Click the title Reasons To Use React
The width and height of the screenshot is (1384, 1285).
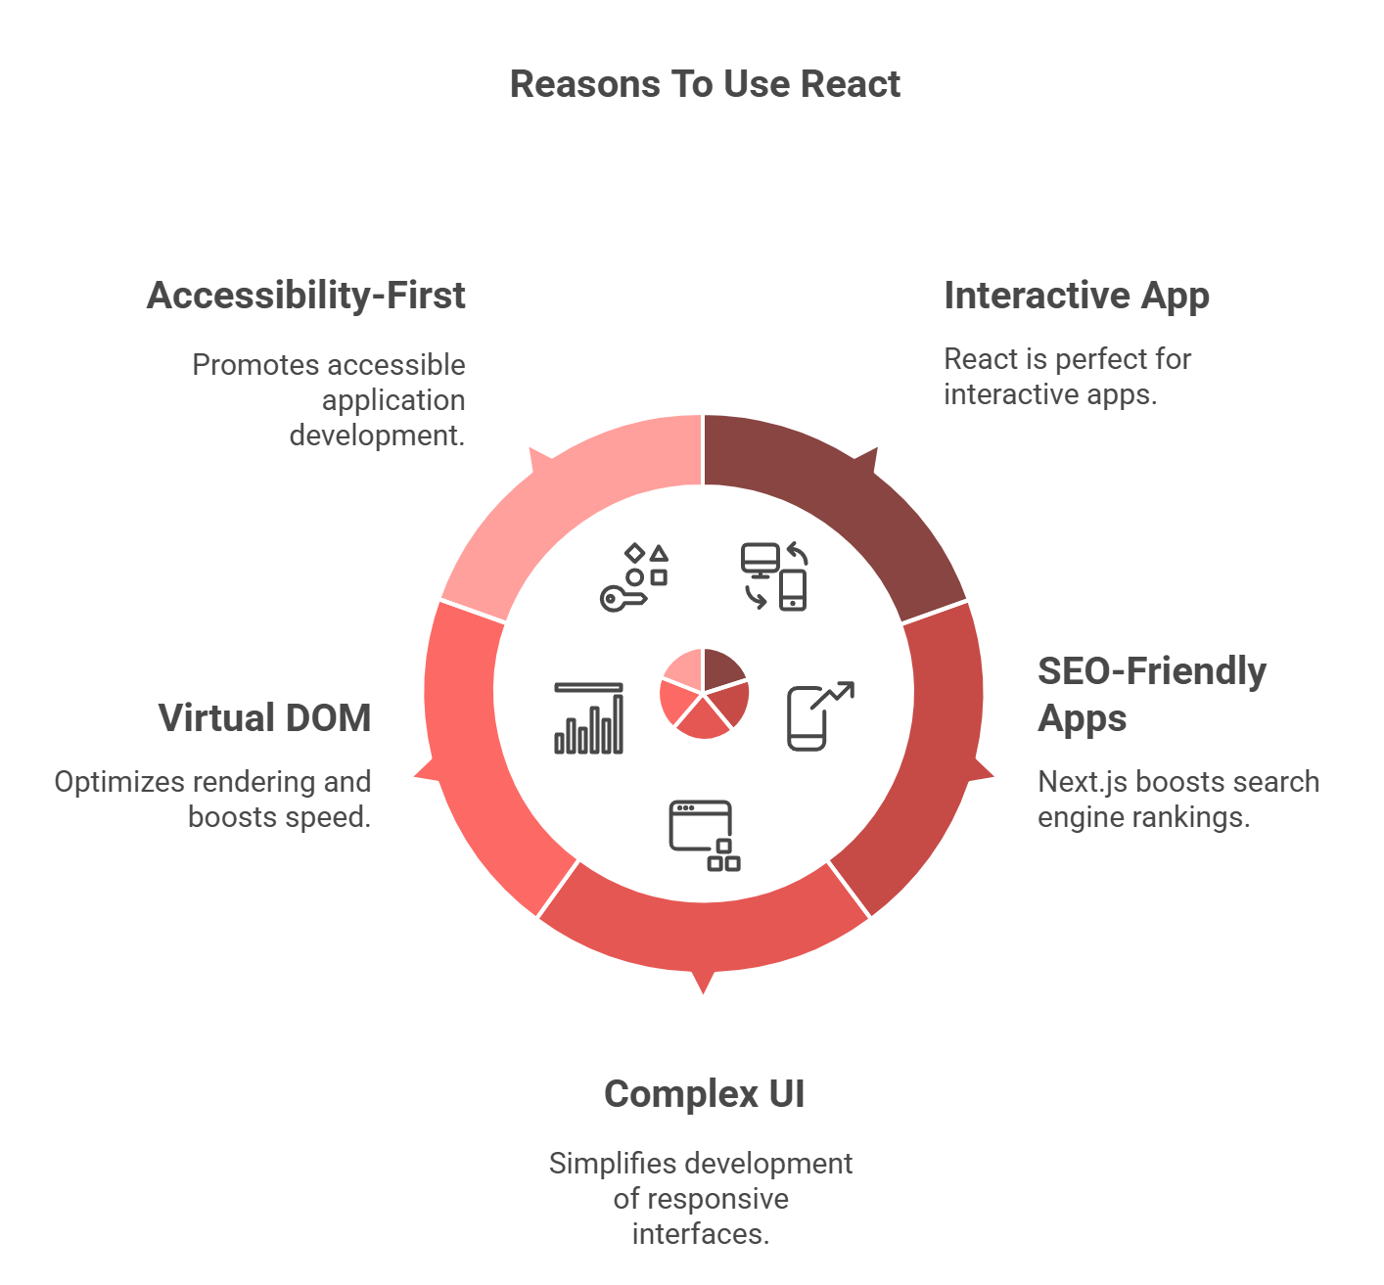[705, 84]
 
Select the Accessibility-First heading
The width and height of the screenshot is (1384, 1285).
[305, 296]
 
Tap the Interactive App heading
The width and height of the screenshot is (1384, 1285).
[1076, 297]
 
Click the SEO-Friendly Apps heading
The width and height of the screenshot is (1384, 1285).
[1151, 694]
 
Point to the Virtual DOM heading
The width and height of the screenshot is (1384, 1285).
[265, 717]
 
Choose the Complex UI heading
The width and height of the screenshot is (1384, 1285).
[704, 1093]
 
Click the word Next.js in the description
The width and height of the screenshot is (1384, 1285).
[1083, 783]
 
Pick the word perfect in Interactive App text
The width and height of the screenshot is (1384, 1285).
[1100, 359]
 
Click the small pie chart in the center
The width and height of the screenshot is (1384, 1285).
[704, 693]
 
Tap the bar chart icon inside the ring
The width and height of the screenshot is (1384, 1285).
[589, 717]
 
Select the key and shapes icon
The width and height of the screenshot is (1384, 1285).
[634, 577]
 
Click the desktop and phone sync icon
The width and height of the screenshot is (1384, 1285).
[773, 577]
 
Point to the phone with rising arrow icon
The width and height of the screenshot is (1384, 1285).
[820, 716]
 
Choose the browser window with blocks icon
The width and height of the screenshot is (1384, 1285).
[705, 836]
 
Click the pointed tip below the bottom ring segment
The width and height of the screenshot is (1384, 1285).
[703, 992]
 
